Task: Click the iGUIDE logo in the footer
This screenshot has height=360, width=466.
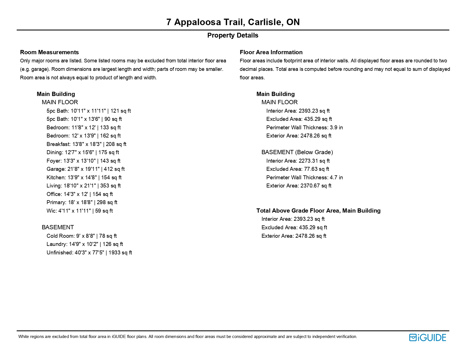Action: coord(427,338)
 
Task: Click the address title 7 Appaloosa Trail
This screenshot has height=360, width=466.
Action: coord(233,22)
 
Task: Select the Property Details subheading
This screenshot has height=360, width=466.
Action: coord(233,35)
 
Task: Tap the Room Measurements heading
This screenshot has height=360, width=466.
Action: coord(49,52)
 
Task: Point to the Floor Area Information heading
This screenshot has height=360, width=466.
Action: coord(271,52)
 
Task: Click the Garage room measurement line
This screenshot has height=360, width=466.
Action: coord(86,169)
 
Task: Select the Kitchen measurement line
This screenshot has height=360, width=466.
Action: coord(84,177)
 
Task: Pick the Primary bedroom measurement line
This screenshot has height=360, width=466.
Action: coord(82,202)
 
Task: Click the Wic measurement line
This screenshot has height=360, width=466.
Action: coord(80,211)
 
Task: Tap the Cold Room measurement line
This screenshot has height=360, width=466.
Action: coord(82,236)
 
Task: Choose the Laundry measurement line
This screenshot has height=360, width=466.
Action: coord(85,244)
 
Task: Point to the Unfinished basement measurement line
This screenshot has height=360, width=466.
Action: coord(89,252)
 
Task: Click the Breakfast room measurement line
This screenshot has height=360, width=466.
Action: coord(86,144)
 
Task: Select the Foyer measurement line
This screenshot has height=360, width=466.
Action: coord(83,161)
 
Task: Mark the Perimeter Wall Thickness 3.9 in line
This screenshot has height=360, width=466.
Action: coord(304,127)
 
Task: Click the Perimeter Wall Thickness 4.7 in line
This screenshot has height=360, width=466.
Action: coord(304,177)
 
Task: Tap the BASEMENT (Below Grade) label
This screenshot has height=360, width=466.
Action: coord(297,152)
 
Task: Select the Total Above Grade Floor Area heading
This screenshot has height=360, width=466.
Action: coord(318,211)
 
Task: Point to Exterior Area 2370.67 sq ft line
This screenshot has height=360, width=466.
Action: coord(299,186)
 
